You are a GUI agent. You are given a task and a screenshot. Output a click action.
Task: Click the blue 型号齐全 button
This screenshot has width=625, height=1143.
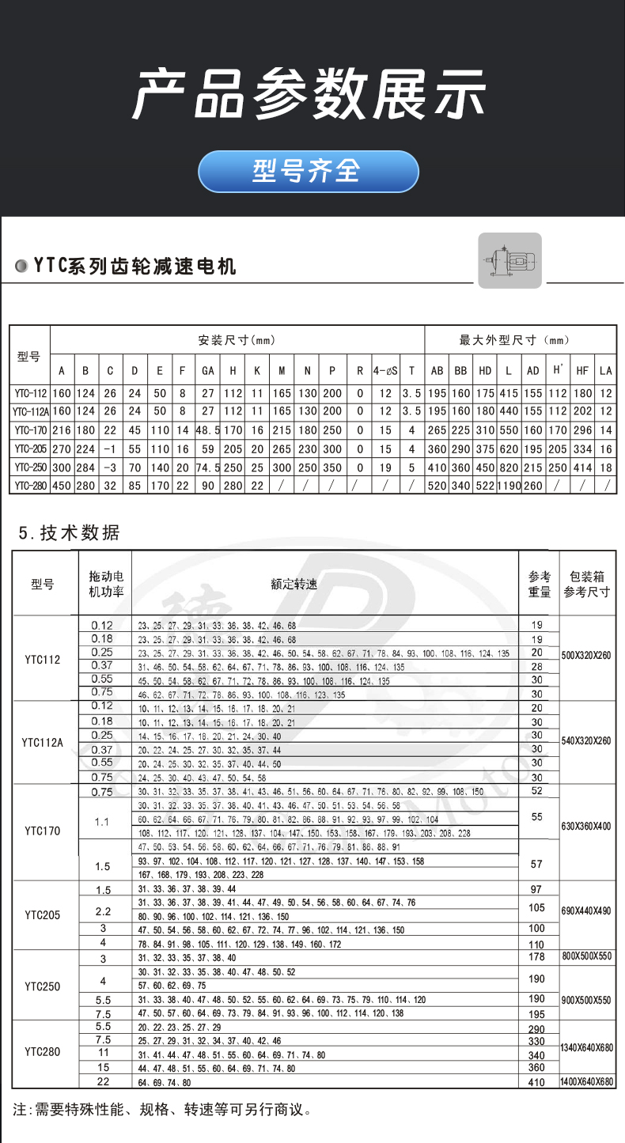(308, 171)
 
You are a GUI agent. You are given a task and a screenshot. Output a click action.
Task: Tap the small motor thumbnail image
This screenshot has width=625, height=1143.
(509, 260)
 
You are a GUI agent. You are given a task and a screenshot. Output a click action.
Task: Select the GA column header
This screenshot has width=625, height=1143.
(208, 370)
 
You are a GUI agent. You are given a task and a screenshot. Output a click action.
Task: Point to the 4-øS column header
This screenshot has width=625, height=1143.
(385, 370)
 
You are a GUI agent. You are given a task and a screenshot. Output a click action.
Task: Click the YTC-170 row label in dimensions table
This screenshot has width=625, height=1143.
(30, 430)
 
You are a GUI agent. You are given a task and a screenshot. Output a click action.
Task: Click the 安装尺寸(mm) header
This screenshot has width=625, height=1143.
(237, 340)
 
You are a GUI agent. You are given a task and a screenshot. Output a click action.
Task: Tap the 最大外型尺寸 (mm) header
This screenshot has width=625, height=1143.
(514, 340)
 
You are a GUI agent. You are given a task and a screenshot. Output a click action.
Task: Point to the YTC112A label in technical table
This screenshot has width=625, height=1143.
(44, 743)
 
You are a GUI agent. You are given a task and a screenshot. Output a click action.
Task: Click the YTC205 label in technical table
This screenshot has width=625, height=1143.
(44, 915)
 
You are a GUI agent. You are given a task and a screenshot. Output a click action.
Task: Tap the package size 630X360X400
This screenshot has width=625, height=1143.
(586, 827)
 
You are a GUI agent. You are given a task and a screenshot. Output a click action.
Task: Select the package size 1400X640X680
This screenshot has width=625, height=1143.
(586, 1082)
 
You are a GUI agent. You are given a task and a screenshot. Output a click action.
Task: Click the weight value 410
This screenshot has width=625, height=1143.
(536, 1082)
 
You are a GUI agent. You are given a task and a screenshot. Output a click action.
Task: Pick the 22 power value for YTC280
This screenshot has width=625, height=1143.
(102, 1081)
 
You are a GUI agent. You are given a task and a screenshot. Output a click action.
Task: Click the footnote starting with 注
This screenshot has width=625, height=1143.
(162, 1110)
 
